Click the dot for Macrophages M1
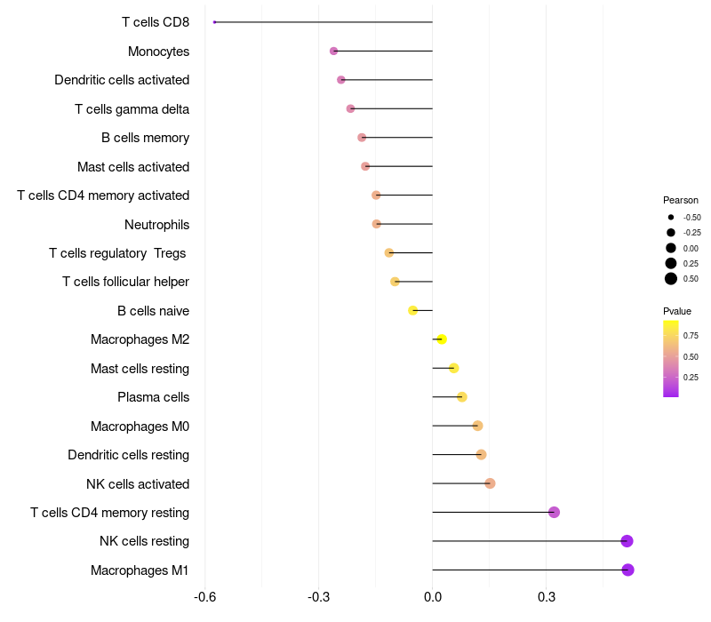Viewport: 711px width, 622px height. pyautogui.click(x=627, y=570)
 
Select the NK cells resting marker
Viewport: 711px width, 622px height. pyautogui.click(x=627, y=541)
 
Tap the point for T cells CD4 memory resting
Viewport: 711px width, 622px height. pyautogui.click(x=554, y=512)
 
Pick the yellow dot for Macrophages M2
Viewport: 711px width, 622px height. pyautogui.click(x=442, y=339)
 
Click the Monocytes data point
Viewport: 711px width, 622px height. pyautogui.click(x=333, y=51)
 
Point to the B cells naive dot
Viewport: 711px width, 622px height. pyautogui.click(x=412, y=310)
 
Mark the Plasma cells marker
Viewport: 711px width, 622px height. pyautogui.click(x=461, y=396)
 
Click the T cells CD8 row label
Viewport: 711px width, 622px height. pyautogui.click(x=156, y=22)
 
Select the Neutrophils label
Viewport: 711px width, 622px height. pyautogui.click(x=156, y=224)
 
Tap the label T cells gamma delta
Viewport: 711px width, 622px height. pyautogui.click(x=132, y=108)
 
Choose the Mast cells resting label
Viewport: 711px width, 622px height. pyautogui.click(x=140, y=368)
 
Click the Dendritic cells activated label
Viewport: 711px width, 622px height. pyautogui.click(x=122, y=80)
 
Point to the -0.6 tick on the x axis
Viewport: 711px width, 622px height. pyautogui.click(x=204, y=596)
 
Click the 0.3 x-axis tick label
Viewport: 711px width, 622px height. pyautogui.click(x=547, y=596)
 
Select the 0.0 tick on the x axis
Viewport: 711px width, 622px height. pyautogui.click(x=432, y=596)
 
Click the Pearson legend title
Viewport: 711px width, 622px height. pyautogui.click(x=681, y=200)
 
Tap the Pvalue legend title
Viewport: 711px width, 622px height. pyautogui.click(x=677, y=311)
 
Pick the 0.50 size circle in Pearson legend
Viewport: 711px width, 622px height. pyautogui.click(x=671, y=279)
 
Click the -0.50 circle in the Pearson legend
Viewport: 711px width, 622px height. pyautogui.click(x=671, y=217)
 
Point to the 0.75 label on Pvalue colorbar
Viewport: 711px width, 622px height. pyautogui.click(x=691, y=335)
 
